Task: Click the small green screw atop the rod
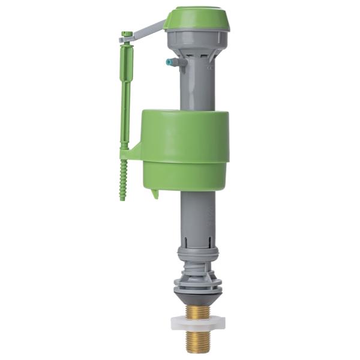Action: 126,35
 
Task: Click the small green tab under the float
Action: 155,193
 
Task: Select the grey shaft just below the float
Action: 195,210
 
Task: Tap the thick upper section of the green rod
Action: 126,66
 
